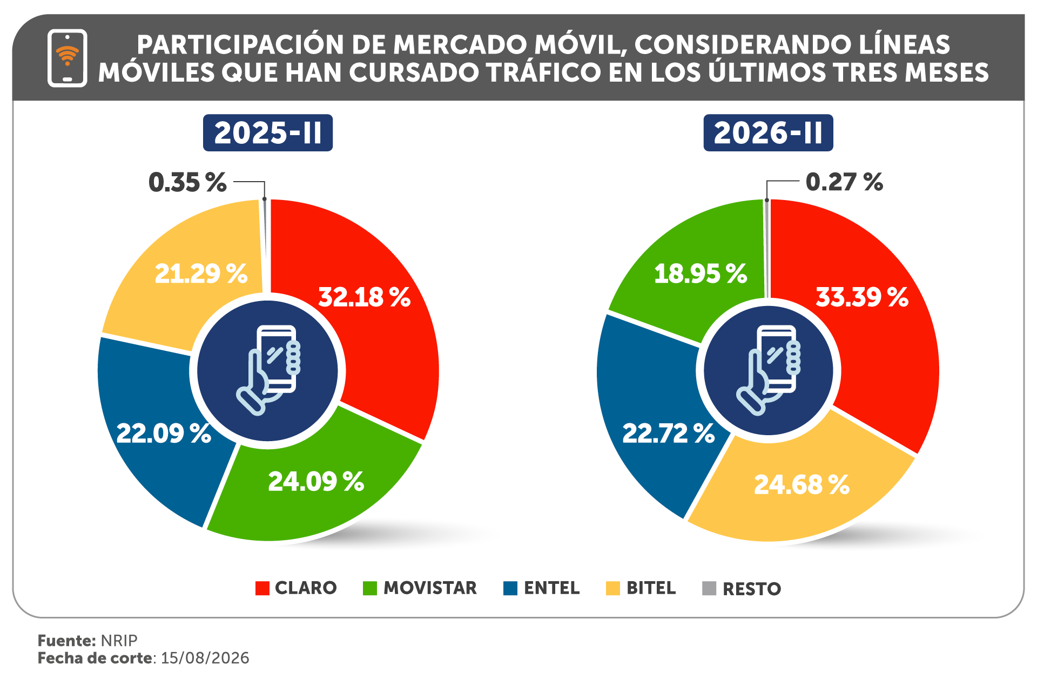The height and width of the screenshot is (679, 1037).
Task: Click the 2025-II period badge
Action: point(268,133)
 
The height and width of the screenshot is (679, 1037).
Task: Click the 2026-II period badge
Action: point(768,133)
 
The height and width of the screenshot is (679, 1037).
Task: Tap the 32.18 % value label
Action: point(365,297)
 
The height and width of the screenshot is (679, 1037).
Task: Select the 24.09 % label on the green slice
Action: point(316,481)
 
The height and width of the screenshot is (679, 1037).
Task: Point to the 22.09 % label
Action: point(164,434)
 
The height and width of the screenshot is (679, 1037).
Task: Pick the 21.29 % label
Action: point(201,274)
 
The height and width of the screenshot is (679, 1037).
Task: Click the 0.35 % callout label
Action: point(187,182)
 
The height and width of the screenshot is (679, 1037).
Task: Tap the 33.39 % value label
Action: point(862,297)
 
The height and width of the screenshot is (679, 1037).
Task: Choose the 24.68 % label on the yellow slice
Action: point(802,484)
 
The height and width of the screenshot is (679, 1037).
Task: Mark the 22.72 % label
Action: point(669,434)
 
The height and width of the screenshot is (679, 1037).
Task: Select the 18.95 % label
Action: point(701,274)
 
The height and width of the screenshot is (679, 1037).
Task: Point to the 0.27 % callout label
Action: point(844,182)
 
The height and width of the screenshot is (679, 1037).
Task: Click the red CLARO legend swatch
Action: point(262,588)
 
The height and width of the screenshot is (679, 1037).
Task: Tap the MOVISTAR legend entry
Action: point(420,588)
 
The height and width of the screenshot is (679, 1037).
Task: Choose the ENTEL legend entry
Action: point(541,588)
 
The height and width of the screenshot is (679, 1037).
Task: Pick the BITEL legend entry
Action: point(641,588)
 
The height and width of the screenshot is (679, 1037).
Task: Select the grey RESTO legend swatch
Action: point(709,588)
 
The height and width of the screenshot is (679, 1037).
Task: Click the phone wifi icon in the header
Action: point(68,58)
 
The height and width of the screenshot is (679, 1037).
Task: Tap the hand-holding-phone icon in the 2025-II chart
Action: point(268,370)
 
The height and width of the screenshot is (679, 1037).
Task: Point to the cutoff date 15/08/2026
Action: point(205,658)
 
